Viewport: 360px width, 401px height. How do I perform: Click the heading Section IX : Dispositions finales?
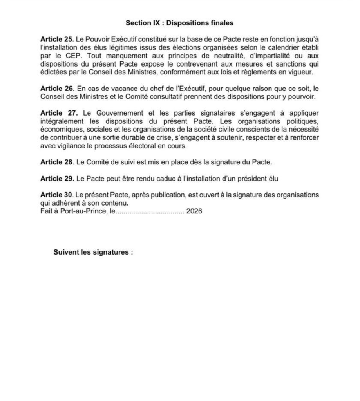click(x=179, y=23)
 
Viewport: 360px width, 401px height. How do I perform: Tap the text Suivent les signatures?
click(x=93, y=252)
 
